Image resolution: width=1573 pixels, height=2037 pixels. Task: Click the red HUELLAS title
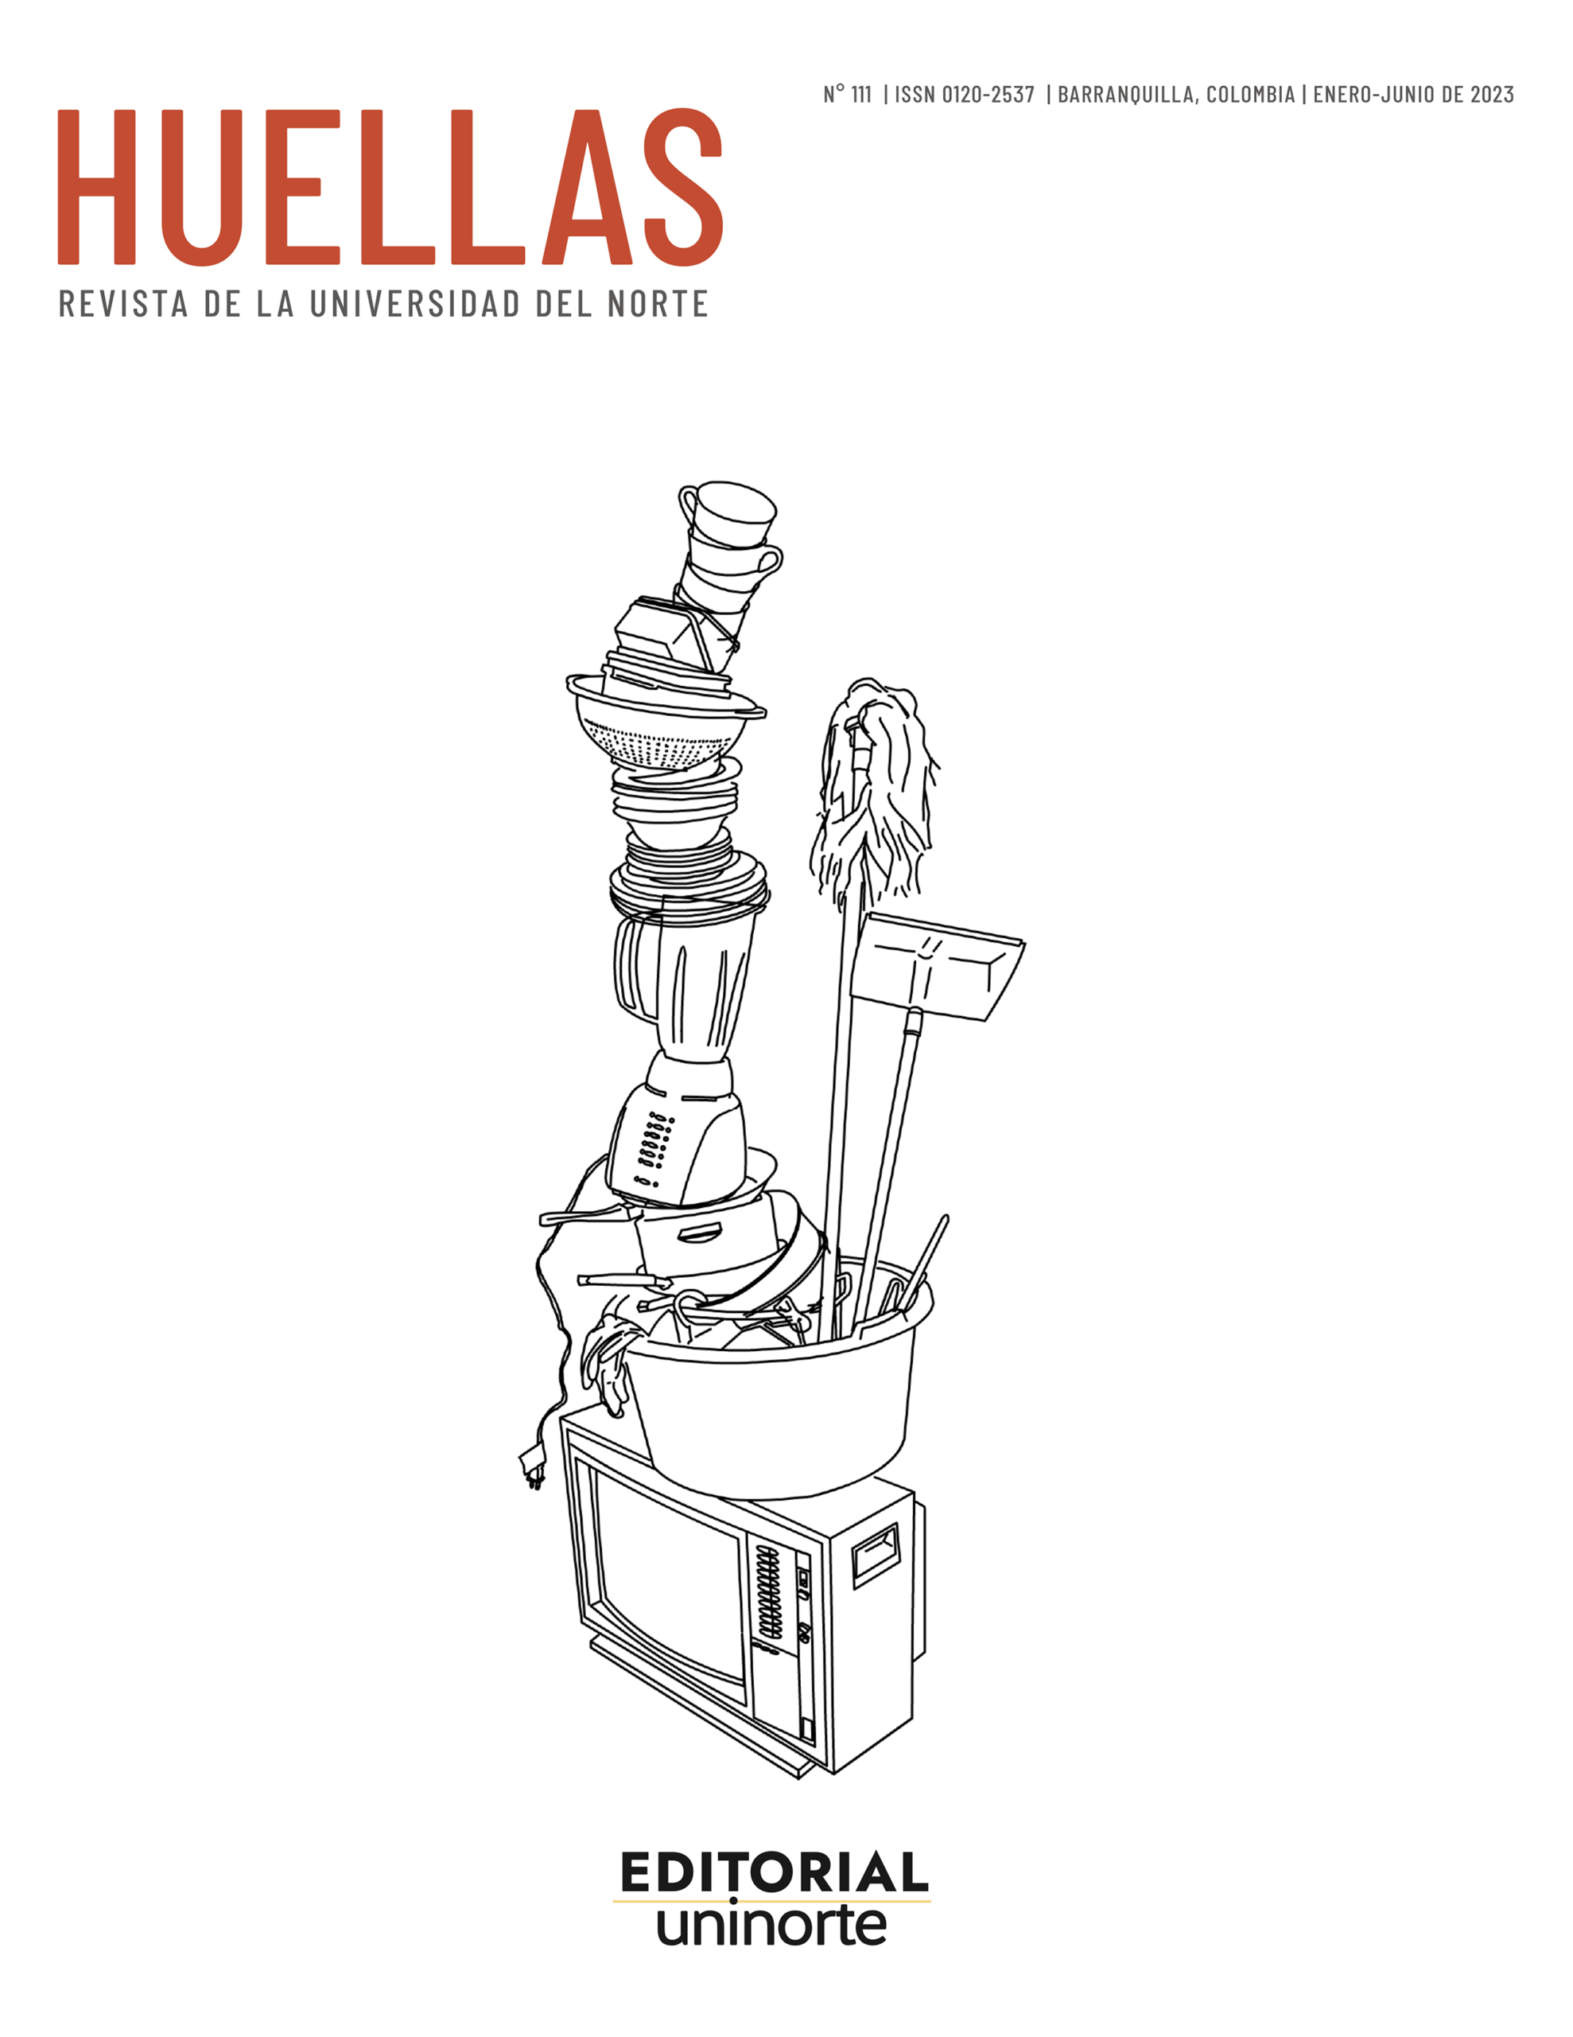[x=390, y=188]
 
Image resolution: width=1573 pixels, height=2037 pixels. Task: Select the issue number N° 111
[x=847, y=94]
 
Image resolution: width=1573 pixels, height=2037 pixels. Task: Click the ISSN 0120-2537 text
[x=964, y=94]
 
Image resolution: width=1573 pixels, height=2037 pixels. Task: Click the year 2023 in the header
[x=1492, y=94]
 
